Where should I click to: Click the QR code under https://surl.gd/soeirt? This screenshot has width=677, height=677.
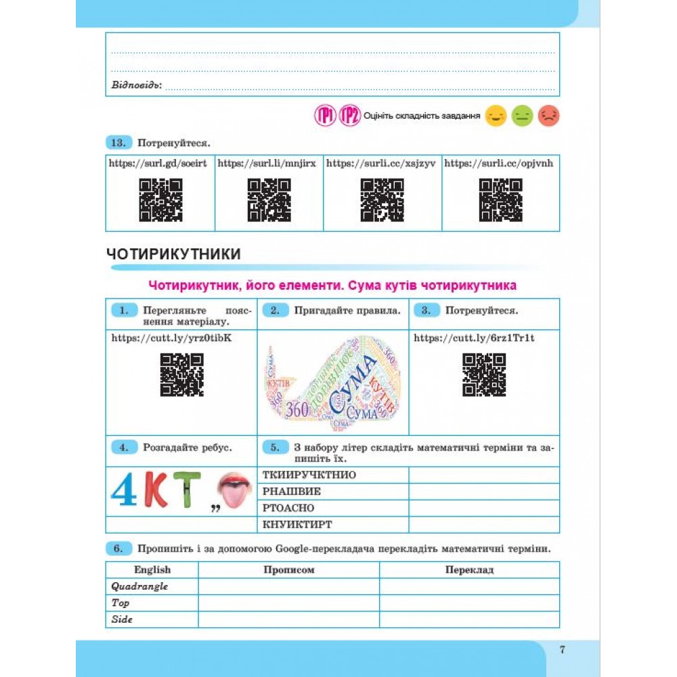(160, 200)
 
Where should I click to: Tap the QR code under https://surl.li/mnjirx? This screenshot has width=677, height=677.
(269, 200)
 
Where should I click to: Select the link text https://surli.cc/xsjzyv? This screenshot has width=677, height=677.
(365, 163)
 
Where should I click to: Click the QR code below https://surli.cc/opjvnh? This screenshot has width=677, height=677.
(500, 200)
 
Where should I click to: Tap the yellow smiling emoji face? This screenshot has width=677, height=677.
(496, 116)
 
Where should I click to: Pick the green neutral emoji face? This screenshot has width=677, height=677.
(522, 116)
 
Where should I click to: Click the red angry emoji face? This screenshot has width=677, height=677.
(548, 116)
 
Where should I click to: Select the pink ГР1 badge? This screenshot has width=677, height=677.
(325, 116)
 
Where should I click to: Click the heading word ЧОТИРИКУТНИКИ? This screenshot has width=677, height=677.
(174, 255)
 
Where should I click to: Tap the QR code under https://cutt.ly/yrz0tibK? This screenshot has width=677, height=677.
(181, 374)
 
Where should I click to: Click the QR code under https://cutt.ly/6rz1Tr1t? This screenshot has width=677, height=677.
(484, 374)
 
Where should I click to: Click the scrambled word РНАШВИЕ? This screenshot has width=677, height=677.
(291, 492)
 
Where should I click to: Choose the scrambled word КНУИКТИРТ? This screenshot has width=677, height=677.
(297, 524)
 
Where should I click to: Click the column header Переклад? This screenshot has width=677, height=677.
(469, 569)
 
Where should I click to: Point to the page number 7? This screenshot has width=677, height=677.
(562, 650)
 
